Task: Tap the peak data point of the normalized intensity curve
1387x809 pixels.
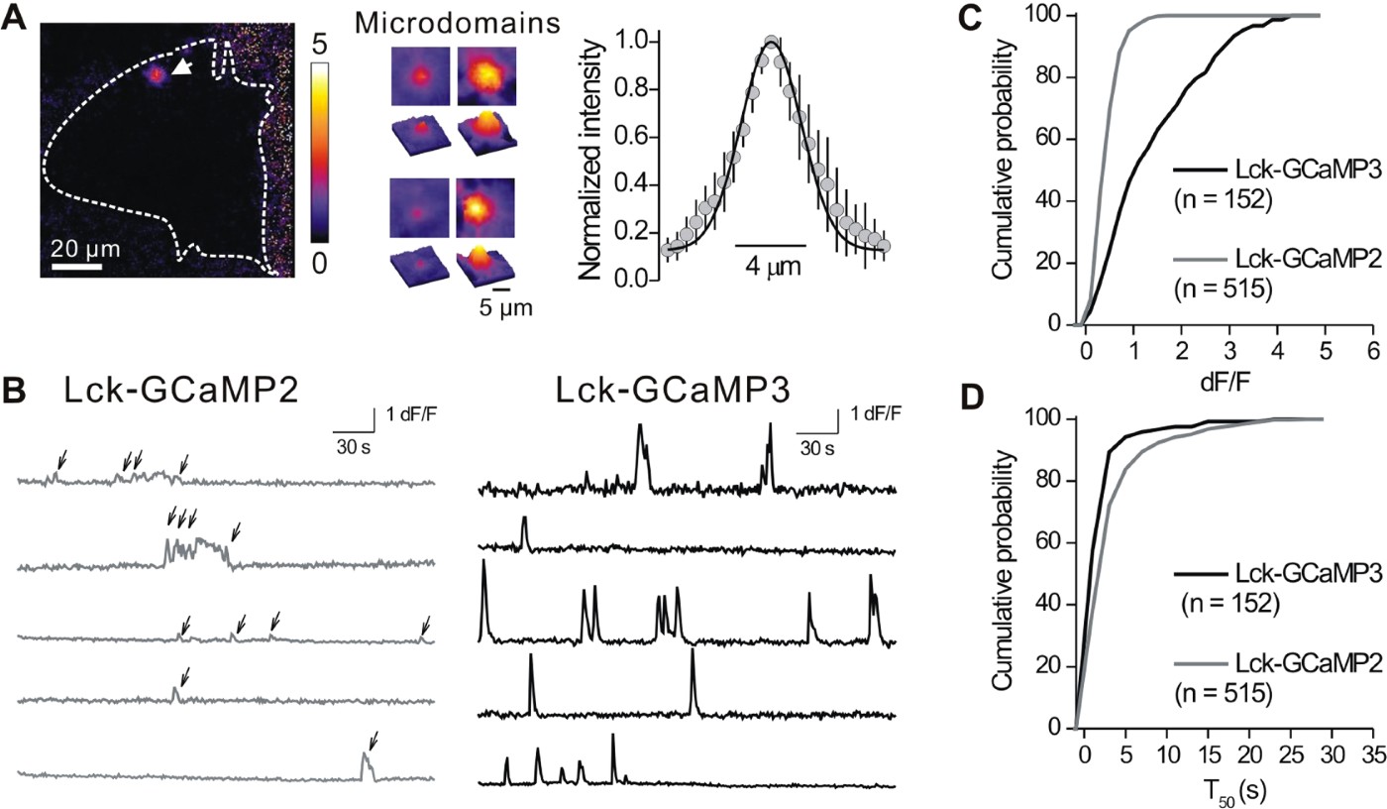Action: point(772,43)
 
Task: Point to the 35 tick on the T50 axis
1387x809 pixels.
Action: point(1372,753)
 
